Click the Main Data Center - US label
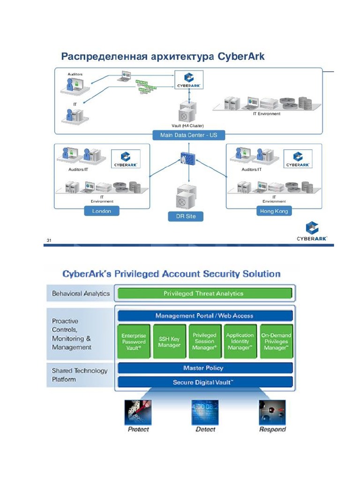[x=189, y=135]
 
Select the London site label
[x=102, y=211]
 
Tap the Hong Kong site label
[x=274, y=211]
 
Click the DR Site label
[x=186, y=216]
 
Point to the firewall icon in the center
[x=189, y=158]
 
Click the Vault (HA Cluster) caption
[x=187, y=126]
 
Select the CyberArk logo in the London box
[x=125, y=159]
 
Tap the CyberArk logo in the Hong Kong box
[x=298, y=159]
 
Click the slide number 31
[x=48, y=240]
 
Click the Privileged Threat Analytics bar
[x=203, y=293]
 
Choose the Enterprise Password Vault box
[x=134, y=342]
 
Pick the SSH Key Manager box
[x=169, y=342]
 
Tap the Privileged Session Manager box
[x=204, y=342]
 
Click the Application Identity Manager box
[x=240, y=342]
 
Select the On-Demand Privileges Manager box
[x=276, y=342]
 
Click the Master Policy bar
[x=204, y=368]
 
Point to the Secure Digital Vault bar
[x=204, y=382]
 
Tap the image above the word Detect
[x=205, y=412]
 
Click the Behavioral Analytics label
[x=81, y=293]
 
